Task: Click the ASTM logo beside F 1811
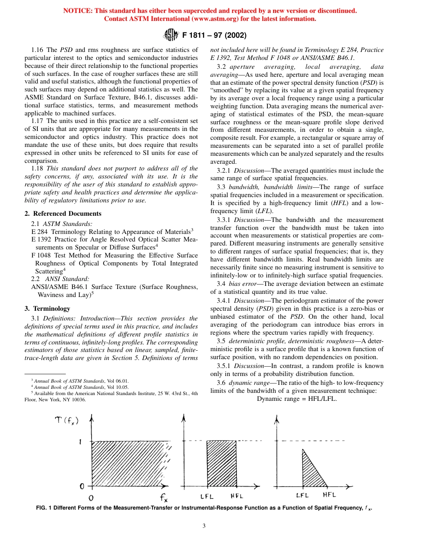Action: pyautogui.click(x=171, y=35)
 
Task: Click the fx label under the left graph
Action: pyautogui.click(x=163, y=497)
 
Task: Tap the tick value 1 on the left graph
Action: pyautogui.click(x=80, y=443)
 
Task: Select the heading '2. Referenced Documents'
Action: pyautogui.click(x=63, y=214)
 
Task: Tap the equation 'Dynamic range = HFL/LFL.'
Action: pyautogui.click(x=297, y=398)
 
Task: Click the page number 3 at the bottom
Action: pyautogui.click(x=204, y=526)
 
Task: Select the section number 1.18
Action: pyautogui.click(x=37, y=168)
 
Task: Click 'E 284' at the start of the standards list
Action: pyautogui.click(x=40, y=231)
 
